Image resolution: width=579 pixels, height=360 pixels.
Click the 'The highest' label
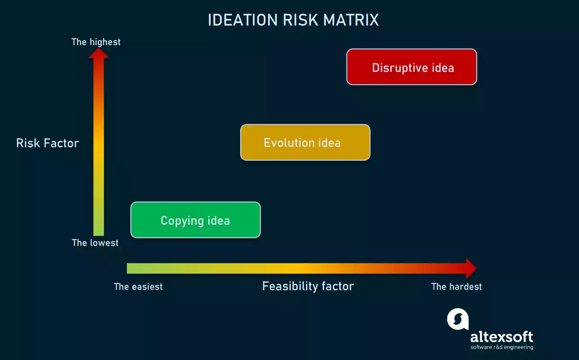pos(96,42)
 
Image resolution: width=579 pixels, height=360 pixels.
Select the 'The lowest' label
pos(95,243)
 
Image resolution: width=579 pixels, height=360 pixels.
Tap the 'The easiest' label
pos(138,287)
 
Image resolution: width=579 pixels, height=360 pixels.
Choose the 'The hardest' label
pos(456,287)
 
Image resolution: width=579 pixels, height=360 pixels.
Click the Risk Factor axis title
pos(47,143)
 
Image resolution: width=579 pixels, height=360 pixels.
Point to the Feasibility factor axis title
pos(308,286)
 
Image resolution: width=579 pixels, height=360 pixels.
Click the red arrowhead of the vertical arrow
pos(98,53)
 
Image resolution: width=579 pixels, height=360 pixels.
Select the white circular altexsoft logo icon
pos(458,319)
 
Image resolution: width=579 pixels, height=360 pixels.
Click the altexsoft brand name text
pos(502,337)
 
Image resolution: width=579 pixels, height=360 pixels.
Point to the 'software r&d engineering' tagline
pos(502,347)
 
